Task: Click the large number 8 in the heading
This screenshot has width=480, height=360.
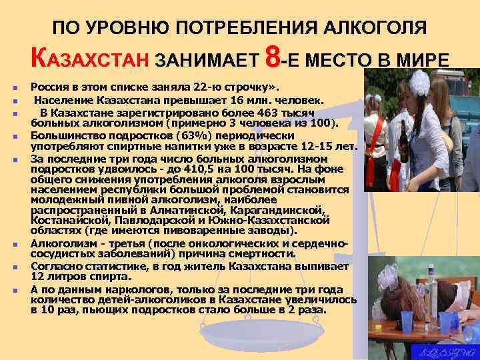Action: pyautogui.click(x=272, y=59)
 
